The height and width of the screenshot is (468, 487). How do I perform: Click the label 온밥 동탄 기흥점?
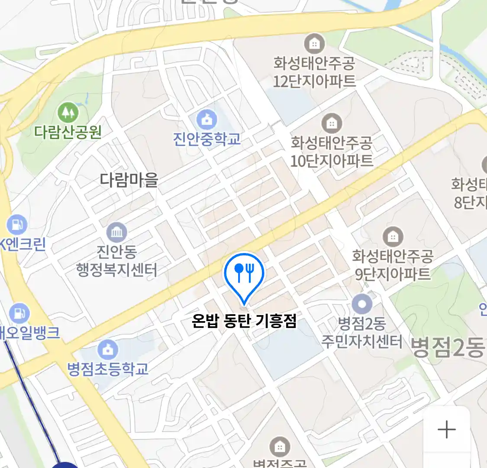coord(244,321)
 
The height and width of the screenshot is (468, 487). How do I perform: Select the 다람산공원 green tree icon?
coord(68,112)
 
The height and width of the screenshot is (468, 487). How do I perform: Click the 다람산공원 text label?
coord(68,131)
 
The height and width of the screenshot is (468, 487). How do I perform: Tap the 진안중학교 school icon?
coord(207,119)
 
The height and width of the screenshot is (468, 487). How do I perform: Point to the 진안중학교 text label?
coord(207,139)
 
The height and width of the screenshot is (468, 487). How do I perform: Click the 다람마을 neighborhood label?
coord(129,179)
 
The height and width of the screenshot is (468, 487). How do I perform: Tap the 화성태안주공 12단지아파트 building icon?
coord(314,43)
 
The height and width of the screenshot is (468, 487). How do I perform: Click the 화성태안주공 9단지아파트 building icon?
coord(393,237)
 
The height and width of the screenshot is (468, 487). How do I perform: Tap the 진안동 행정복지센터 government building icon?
coord(116,232)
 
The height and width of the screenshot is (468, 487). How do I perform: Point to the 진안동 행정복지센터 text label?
coord(116,261)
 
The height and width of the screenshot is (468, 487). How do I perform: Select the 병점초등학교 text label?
coord(108,369)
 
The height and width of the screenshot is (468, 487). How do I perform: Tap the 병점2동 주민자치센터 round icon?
coord(362,304)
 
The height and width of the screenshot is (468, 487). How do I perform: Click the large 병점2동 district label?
coord(448,347)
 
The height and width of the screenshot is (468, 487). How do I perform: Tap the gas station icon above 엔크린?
coord(16,224)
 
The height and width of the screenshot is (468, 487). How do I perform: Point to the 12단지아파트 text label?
coord(314,81)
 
